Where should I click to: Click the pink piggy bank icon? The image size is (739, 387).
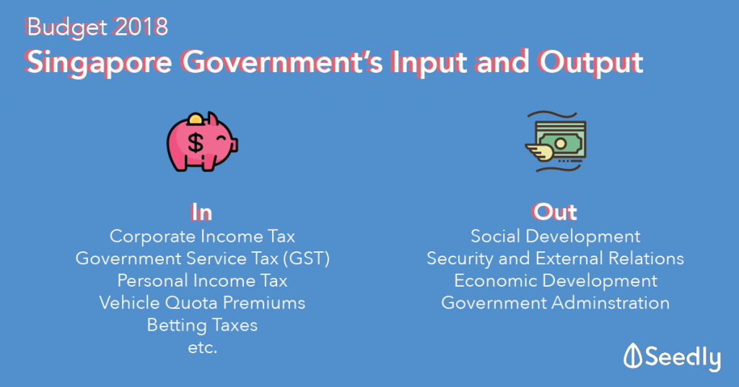(x=202, y=142)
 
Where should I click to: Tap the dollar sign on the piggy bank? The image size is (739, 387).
(x=196, y=143)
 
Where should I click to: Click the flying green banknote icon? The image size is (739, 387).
(x=556, y=142)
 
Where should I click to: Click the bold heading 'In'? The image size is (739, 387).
(x=202, y=212)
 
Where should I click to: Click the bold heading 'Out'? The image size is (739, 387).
(x=555, y=212)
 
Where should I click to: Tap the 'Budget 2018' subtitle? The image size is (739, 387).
(x=97, y=27)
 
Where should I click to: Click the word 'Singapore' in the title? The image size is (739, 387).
(x=98, y=63)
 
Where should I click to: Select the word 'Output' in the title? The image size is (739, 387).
(x=591, y=63)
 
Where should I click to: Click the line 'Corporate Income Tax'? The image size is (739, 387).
(x=202, y=236)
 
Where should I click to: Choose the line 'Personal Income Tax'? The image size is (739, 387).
(x=202, y=280)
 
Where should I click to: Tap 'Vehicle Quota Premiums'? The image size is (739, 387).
(x=202, y=303)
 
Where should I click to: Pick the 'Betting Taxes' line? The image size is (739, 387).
(x=202, y=325)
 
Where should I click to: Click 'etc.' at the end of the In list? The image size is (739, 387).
(x=203, y=348)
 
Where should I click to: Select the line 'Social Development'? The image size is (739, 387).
(x=555, y=236)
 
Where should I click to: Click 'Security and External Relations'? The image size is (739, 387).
(x=555, y=258)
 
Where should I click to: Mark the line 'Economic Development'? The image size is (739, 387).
(x=555, y=280)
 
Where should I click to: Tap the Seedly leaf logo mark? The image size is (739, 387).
(x=632, y=356)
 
